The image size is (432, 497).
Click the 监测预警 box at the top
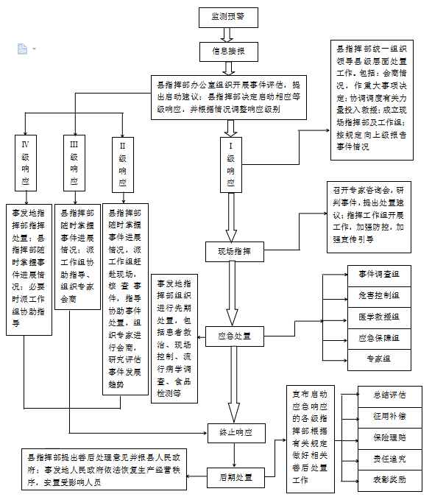229,16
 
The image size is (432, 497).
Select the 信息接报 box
228,51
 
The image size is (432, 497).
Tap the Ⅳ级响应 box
26,162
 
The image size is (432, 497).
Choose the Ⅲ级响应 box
74,162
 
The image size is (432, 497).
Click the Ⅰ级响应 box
231,162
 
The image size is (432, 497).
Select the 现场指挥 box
235,251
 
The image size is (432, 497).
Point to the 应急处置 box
235,336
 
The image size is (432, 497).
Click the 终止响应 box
235,432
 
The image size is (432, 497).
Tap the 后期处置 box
235,477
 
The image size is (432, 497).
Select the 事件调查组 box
379,274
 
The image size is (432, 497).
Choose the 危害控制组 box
379,295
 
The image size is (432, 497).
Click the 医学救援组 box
379,317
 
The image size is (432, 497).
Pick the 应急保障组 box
379,338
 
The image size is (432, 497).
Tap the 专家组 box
379,359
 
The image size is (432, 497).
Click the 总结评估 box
389,394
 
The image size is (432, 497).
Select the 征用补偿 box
389,415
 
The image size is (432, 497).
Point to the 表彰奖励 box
389,479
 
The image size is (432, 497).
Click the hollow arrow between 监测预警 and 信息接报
227,34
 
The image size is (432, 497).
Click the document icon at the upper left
23,49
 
